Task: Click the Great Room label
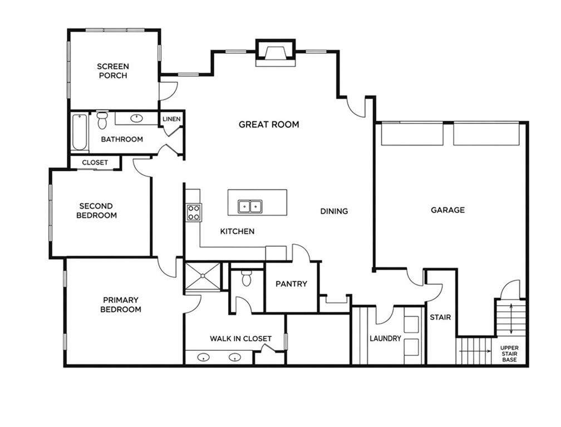pos(269,125)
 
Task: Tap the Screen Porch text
pos(113,71)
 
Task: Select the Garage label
pos(447,210)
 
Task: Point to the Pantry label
pos(291,284)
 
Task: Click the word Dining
pos(334,211)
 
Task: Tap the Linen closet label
pos(171,119)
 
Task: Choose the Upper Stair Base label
pos(509,354)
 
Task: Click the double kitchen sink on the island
pos(250,206)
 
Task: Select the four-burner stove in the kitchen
pos(193,212)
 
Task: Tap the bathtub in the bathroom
pos(80,132)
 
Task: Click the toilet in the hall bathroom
pos(102,120)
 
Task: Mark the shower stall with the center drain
pos(202,276)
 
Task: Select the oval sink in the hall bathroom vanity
pos(136,118)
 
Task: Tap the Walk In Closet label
pos(240,339)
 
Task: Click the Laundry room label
pos(385,339)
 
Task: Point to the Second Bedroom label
pos(97,211)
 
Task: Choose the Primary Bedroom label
pos(121,305)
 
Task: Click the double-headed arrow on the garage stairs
pos(511,319)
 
